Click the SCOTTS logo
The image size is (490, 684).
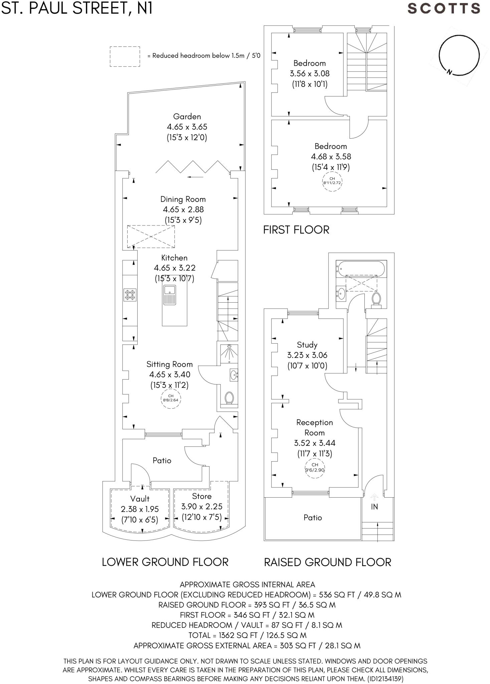pos(444,8)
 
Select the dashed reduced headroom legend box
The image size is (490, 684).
pos(125,47)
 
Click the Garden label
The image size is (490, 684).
pos(187,117)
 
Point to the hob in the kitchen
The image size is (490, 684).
pos(130,295)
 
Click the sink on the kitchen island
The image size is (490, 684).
pos(170,295)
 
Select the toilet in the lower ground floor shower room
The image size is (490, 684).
pos(229,398)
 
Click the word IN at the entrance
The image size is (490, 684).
pos(374,507)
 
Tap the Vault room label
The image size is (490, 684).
pos(140,499)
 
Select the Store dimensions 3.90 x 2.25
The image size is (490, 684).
pos(202,506)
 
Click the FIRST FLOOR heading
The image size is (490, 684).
pos(296,230)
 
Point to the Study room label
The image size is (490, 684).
pos(307,345)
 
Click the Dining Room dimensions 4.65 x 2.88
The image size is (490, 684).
pos(183,209)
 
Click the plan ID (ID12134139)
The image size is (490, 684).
pos(385,679)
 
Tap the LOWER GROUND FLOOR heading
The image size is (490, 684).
pos(165,562)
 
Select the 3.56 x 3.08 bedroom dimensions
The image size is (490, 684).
pos(310,73)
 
